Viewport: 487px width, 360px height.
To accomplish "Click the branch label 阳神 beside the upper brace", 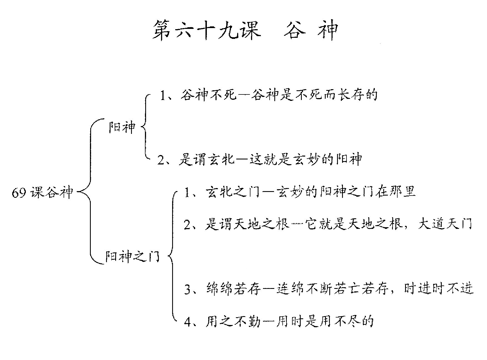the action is click(x=122, y=127).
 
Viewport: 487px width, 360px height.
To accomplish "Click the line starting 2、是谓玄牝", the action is click(x=260, y=159).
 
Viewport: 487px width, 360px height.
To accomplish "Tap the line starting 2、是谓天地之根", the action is click(x=328, y=224).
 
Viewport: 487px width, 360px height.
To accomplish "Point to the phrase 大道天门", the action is click(x=445, y=224).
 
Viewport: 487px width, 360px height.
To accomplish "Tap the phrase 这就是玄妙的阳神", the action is click(x=305, y=159).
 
